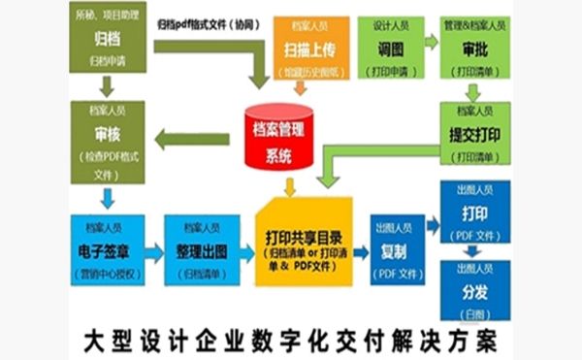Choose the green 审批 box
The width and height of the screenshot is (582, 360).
click(475, 48)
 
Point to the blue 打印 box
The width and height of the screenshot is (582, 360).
click(475, 213)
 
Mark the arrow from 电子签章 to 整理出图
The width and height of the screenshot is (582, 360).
click(153, 253)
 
